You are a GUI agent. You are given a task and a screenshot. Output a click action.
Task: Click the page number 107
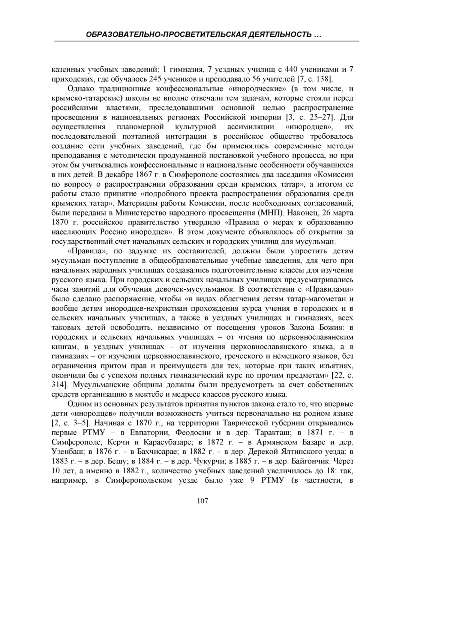tap(202, 501)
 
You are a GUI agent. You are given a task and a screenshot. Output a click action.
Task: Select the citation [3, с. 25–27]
tap(309, 117)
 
